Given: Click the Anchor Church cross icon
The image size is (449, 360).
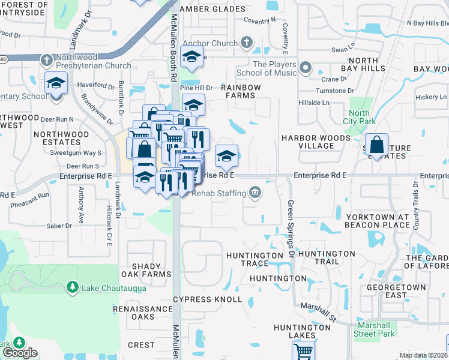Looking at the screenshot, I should click(x=246, y=43).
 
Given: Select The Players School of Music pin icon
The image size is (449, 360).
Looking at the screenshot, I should click(x=306, y=67).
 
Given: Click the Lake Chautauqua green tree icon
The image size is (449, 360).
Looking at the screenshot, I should click(x=72, y=287).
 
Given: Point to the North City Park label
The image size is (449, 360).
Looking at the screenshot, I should click(x=359, y=117).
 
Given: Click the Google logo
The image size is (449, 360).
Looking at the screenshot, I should click(x=21, y=353).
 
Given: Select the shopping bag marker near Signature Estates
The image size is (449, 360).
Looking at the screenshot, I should click(x=376, y=145).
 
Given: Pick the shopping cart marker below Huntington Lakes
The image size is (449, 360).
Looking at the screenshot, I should click(x=304, y=350).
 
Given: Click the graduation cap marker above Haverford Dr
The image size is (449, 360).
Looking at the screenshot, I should click(x=56, y=82).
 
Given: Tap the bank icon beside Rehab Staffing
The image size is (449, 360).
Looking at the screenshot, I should click(x=255, y=193).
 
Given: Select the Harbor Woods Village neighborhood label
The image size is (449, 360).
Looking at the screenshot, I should click(x=316, y=142).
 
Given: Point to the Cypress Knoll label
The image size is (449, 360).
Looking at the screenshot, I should click(x=207, y=299).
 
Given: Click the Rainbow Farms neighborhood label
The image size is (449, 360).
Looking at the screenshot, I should click(x=241, y=91).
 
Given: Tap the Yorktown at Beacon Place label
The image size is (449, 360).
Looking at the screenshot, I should click(x=377, y=221).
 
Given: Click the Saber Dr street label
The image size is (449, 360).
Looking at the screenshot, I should click(x=59, y=226).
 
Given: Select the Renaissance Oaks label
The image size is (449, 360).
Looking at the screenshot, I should click(x=143, y=313).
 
